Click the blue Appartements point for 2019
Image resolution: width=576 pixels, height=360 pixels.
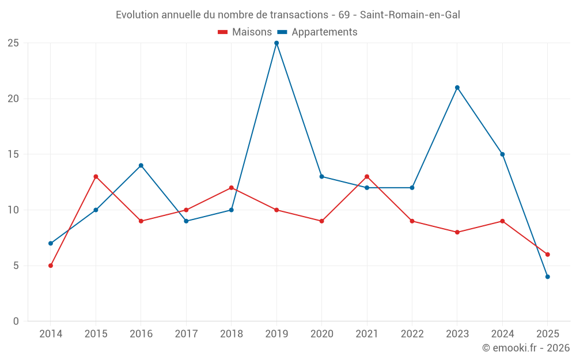pos(276,43)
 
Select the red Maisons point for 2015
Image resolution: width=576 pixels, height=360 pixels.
pos(96,177)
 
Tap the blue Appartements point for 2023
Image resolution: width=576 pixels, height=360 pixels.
pos(457,88)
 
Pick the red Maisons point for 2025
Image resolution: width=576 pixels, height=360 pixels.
pos(548,255)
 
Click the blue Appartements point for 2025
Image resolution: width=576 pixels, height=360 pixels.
pos(548,277)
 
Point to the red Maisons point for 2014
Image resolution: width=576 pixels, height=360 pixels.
pos(51,266)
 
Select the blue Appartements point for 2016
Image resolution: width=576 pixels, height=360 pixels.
pos(141,165)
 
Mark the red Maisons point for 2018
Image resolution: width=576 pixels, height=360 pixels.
pos(232,188)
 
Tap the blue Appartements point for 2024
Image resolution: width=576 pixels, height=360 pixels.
pos(502,154)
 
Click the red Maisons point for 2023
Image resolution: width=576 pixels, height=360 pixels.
pos(457,232)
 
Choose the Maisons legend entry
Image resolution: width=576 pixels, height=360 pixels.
pos(245,32)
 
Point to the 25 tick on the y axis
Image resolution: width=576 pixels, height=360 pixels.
pos(13,43)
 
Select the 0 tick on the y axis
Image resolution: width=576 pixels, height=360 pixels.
pos(16,321)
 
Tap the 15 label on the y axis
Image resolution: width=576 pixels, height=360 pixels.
pos(13,154)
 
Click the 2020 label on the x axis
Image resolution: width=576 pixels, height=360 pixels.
pos(321,334)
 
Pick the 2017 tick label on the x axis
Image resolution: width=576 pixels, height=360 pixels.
pos(186,334)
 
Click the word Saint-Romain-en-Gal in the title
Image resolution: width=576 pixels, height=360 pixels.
pos(410,15)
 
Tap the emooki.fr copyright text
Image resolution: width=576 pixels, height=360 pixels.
pos(525,348)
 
